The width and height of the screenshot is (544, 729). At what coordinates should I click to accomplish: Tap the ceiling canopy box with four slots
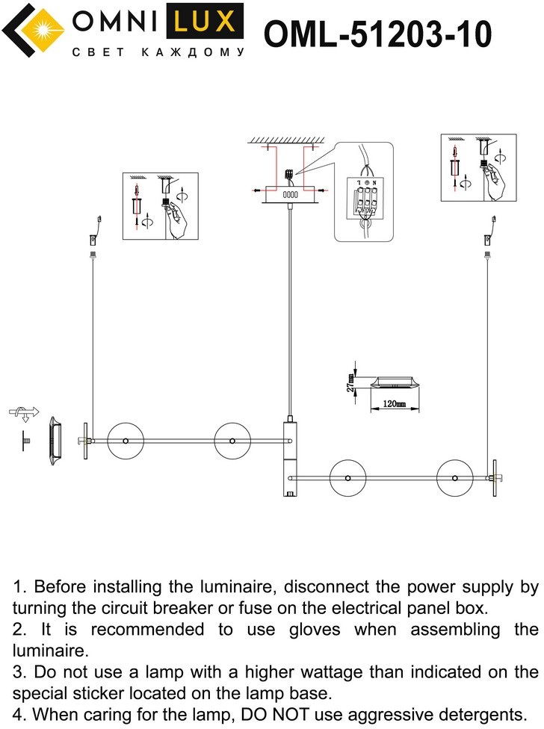tap(291, 193)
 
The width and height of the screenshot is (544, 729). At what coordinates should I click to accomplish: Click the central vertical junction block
tap(290, 457)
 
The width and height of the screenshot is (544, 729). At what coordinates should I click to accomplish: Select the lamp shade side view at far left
tap(55, 442)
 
